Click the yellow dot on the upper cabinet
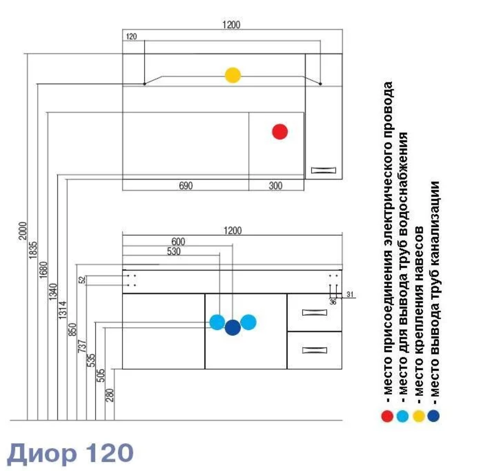(233, 75)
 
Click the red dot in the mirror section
(280, 131)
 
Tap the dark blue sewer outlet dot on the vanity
(233, 328)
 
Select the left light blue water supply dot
(217, 322)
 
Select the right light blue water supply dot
(248, 322)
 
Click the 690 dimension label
(185, 186)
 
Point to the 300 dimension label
(275, 186)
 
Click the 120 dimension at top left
(131, 37)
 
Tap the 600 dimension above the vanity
(178, 241)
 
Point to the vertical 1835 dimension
(33, 250)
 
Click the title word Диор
(43, 452)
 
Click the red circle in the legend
(387, 415)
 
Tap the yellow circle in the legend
(418, 415)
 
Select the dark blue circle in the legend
(433, 415)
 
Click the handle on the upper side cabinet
(323, 171)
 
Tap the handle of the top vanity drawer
(314, 312)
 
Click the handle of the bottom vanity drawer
(314, 351)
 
